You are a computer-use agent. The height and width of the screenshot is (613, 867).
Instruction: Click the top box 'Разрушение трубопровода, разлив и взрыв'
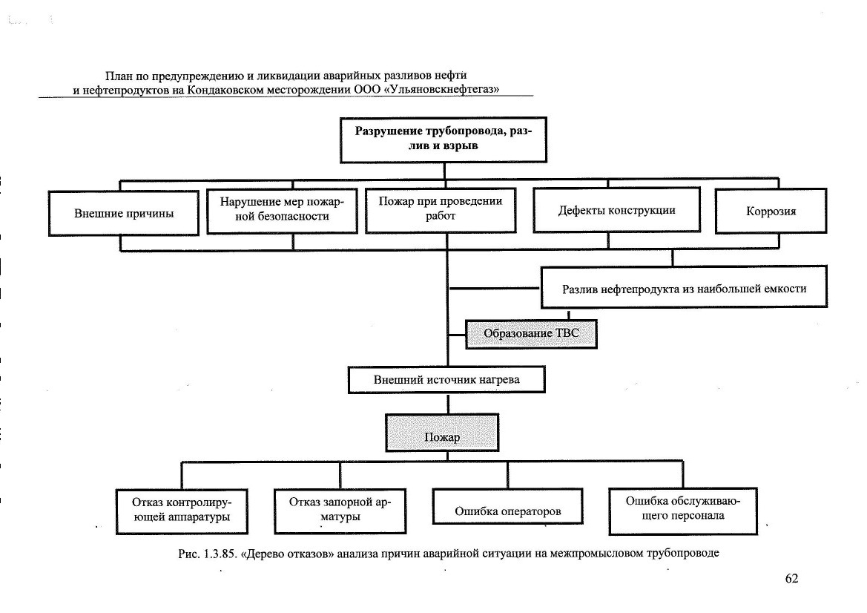pos(444,140)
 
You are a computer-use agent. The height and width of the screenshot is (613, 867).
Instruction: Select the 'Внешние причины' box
pos(124,214)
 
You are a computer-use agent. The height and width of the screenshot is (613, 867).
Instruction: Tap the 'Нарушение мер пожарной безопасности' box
pos(282,211)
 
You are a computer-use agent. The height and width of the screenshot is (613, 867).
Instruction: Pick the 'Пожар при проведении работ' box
pos(441,210)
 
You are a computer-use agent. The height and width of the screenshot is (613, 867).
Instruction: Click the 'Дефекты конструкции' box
pos(616,210)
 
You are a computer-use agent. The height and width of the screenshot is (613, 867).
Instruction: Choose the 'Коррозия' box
pos(771,211)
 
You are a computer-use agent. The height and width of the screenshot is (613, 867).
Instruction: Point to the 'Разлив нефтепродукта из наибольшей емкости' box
pos(684,287)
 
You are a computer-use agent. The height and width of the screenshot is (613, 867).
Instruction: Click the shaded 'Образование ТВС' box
pos(531,334)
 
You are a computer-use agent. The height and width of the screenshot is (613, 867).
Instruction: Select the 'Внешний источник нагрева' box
pos(446,379)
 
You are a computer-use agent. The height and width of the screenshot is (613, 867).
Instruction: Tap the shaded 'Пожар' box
pos(442,433)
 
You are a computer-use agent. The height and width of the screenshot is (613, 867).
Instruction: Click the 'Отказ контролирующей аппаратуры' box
pos(182,511)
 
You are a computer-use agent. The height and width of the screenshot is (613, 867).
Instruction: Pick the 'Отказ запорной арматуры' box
pos(340,511)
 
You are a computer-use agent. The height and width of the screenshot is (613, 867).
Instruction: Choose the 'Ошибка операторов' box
pos(507,505)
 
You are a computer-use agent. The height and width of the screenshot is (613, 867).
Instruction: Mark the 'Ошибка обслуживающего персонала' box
pos(683,511)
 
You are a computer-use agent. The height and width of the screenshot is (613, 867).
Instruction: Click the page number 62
pos(792,578)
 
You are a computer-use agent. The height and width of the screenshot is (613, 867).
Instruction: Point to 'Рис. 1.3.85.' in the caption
pos(208,553)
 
